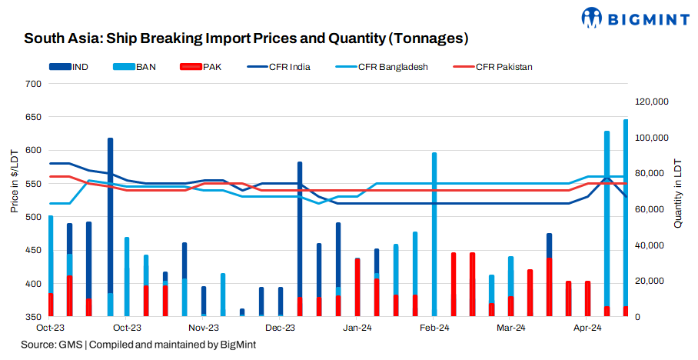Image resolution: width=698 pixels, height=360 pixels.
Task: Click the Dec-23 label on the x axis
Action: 281,328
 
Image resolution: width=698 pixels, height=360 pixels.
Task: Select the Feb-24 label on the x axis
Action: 434,328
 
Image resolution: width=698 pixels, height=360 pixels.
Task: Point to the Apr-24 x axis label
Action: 587,328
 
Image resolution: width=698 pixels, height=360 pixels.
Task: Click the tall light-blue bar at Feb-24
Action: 434,231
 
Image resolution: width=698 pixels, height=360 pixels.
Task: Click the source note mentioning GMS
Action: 138,345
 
